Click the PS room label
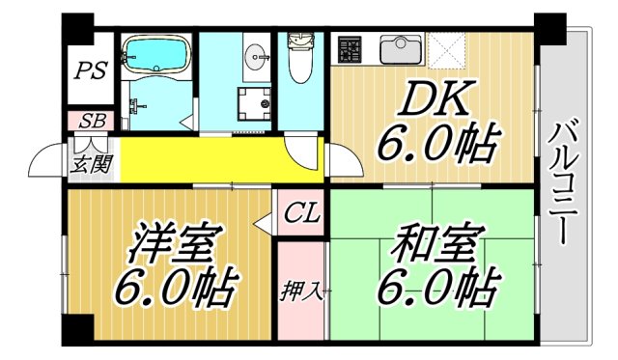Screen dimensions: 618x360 [x=94, y=70]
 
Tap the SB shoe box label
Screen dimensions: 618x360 [x=92, y=122]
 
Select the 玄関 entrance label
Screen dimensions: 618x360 [x=92, y=164]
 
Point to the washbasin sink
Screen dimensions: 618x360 [x=257, y=54]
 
